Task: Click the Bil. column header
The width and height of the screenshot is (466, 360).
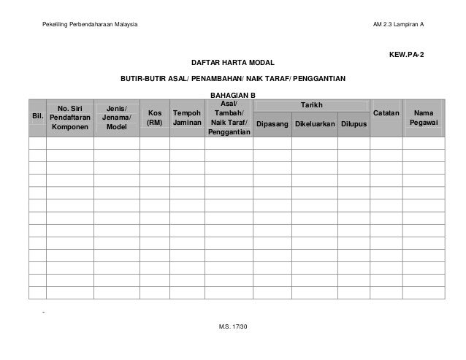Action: [37, 116]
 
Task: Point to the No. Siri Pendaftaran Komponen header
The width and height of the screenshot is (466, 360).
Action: [70, 116]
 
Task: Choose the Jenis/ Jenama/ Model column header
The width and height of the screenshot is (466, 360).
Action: [117, 116]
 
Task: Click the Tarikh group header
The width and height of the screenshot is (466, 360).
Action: [311, 106]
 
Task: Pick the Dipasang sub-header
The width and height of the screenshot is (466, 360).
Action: [271, 125]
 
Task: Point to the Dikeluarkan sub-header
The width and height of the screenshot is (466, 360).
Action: [314, 125]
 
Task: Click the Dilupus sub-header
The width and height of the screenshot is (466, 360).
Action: [354, 125]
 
